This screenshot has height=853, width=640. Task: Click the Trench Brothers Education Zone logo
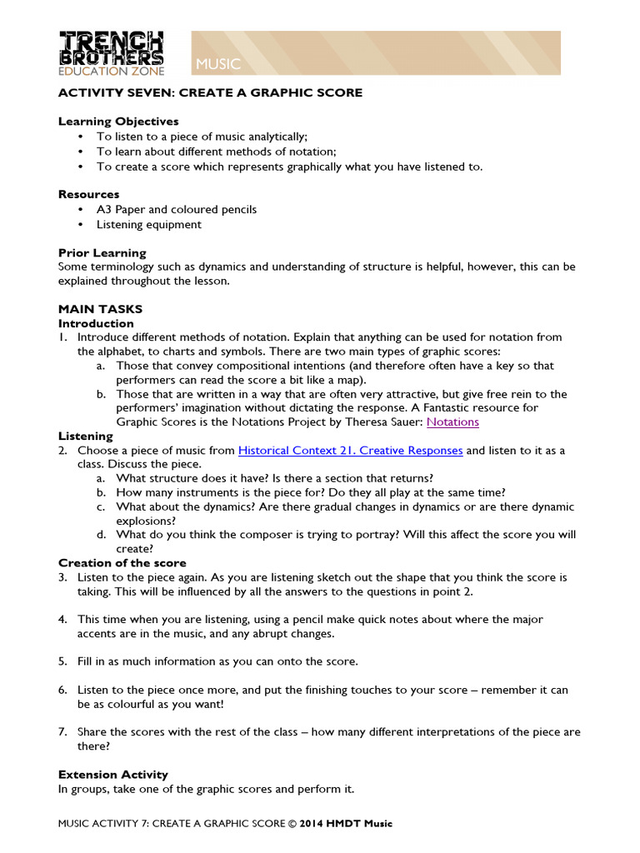coord(111,53)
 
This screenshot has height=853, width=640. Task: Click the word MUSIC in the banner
coord(218,64)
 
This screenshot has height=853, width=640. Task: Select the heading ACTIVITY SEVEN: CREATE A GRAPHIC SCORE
coord(210,92)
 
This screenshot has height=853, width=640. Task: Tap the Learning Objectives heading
coord(118,122)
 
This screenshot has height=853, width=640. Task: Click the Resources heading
coord(88,194)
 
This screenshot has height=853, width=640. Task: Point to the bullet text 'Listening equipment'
coord(148,224)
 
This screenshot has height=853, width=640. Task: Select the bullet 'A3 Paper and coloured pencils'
coord(176,209)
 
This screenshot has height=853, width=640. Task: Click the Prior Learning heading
coord(102,252)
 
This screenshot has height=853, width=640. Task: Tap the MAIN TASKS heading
coord(100,309)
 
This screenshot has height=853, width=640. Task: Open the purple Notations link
coord(452,422)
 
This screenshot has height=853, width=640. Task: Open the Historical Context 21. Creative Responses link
coord(350,451)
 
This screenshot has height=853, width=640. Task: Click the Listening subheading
coord(85,436)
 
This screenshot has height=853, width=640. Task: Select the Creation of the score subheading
coord(122,563)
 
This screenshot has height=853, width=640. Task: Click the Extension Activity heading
coord(112,775)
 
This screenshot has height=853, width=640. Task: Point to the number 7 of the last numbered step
coord(62,732)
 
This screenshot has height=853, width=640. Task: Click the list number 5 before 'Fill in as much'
coord(62,661)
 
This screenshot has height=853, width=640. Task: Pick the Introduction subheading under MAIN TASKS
coord(95,323)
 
